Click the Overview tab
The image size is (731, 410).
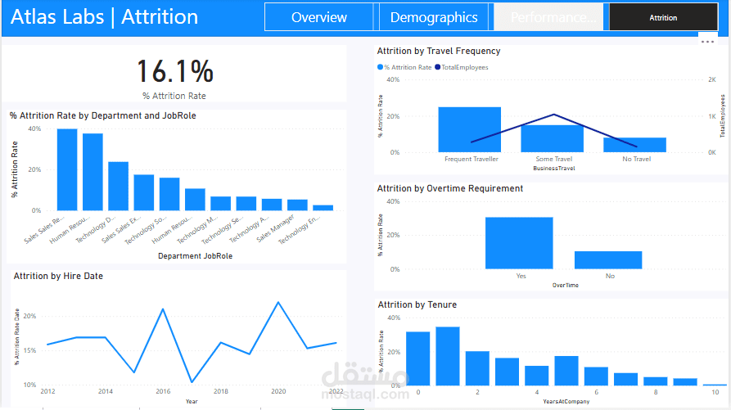coord(318,17)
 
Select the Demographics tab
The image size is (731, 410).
coord(434,17)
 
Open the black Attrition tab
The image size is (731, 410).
coord(662,17)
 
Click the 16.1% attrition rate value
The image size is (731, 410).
coord(174,72)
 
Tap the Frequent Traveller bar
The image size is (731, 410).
coord(469,129)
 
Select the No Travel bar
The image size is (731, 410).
coord(634,144)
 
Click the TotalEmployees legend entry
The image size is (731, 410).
coord(464,67)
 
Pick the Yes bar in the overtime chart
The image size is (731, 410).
coord(519,243)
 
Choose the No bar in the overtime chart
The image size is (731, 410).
coord(608,259)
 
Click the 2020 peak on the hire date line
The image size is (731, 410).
coord(278,303)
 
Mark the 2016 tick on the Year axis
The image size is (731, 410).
coord(163,392)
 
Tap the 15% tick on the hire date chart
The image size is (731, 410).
coord(29,350)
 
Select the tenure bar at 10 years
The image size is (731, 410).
coord(715,384)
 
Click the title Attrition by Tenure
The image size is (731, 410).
coord(417,304)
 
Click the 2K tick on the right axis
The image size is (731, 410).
coord(711,80)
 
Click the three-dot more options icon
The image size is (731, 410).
coord(708,41)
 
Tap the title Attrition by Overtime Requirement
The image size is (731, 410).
coord(449,188)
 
